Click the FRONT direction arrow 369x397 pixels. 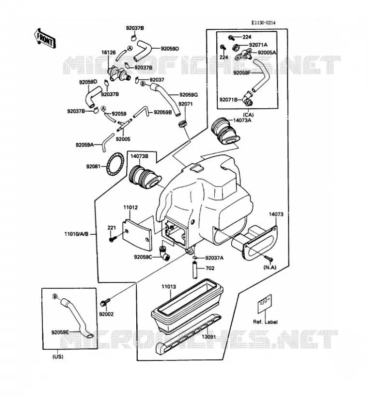coord(44,38)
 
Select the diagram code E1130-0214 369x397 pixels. coord(263,23)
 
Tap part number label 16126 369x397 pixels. coord(108,53)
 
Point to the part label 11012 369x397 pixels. coord(131,207)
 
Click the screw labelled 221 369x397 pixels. coord(112,238)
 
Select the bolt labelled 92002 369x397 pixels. coord(105,302)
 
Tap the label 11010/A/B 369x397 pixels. coord(77,234)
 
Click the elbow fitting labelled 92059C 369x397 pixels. coord(164,253)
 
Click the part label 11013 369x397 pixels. coord(169,287)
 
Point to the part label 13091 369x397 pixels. coord(208,337)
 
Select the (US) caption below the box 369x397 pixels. coord(58,357)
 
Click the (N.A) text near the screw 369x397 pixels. coord(270,267)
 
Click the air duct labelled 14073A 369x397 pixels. coord(225,131)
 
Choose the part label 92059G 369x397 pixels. coord(188,95)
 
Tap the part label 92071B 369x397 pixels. coord(228,100)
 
